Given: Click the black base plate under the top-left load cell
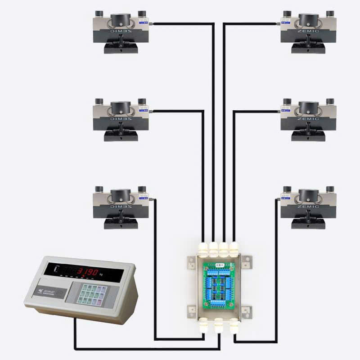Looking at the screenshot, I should (120, 48).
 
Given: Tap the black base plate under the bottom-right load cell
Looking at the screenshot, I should (308, 224).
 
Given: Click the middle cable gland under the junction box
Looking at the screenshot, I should (219, 325).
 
